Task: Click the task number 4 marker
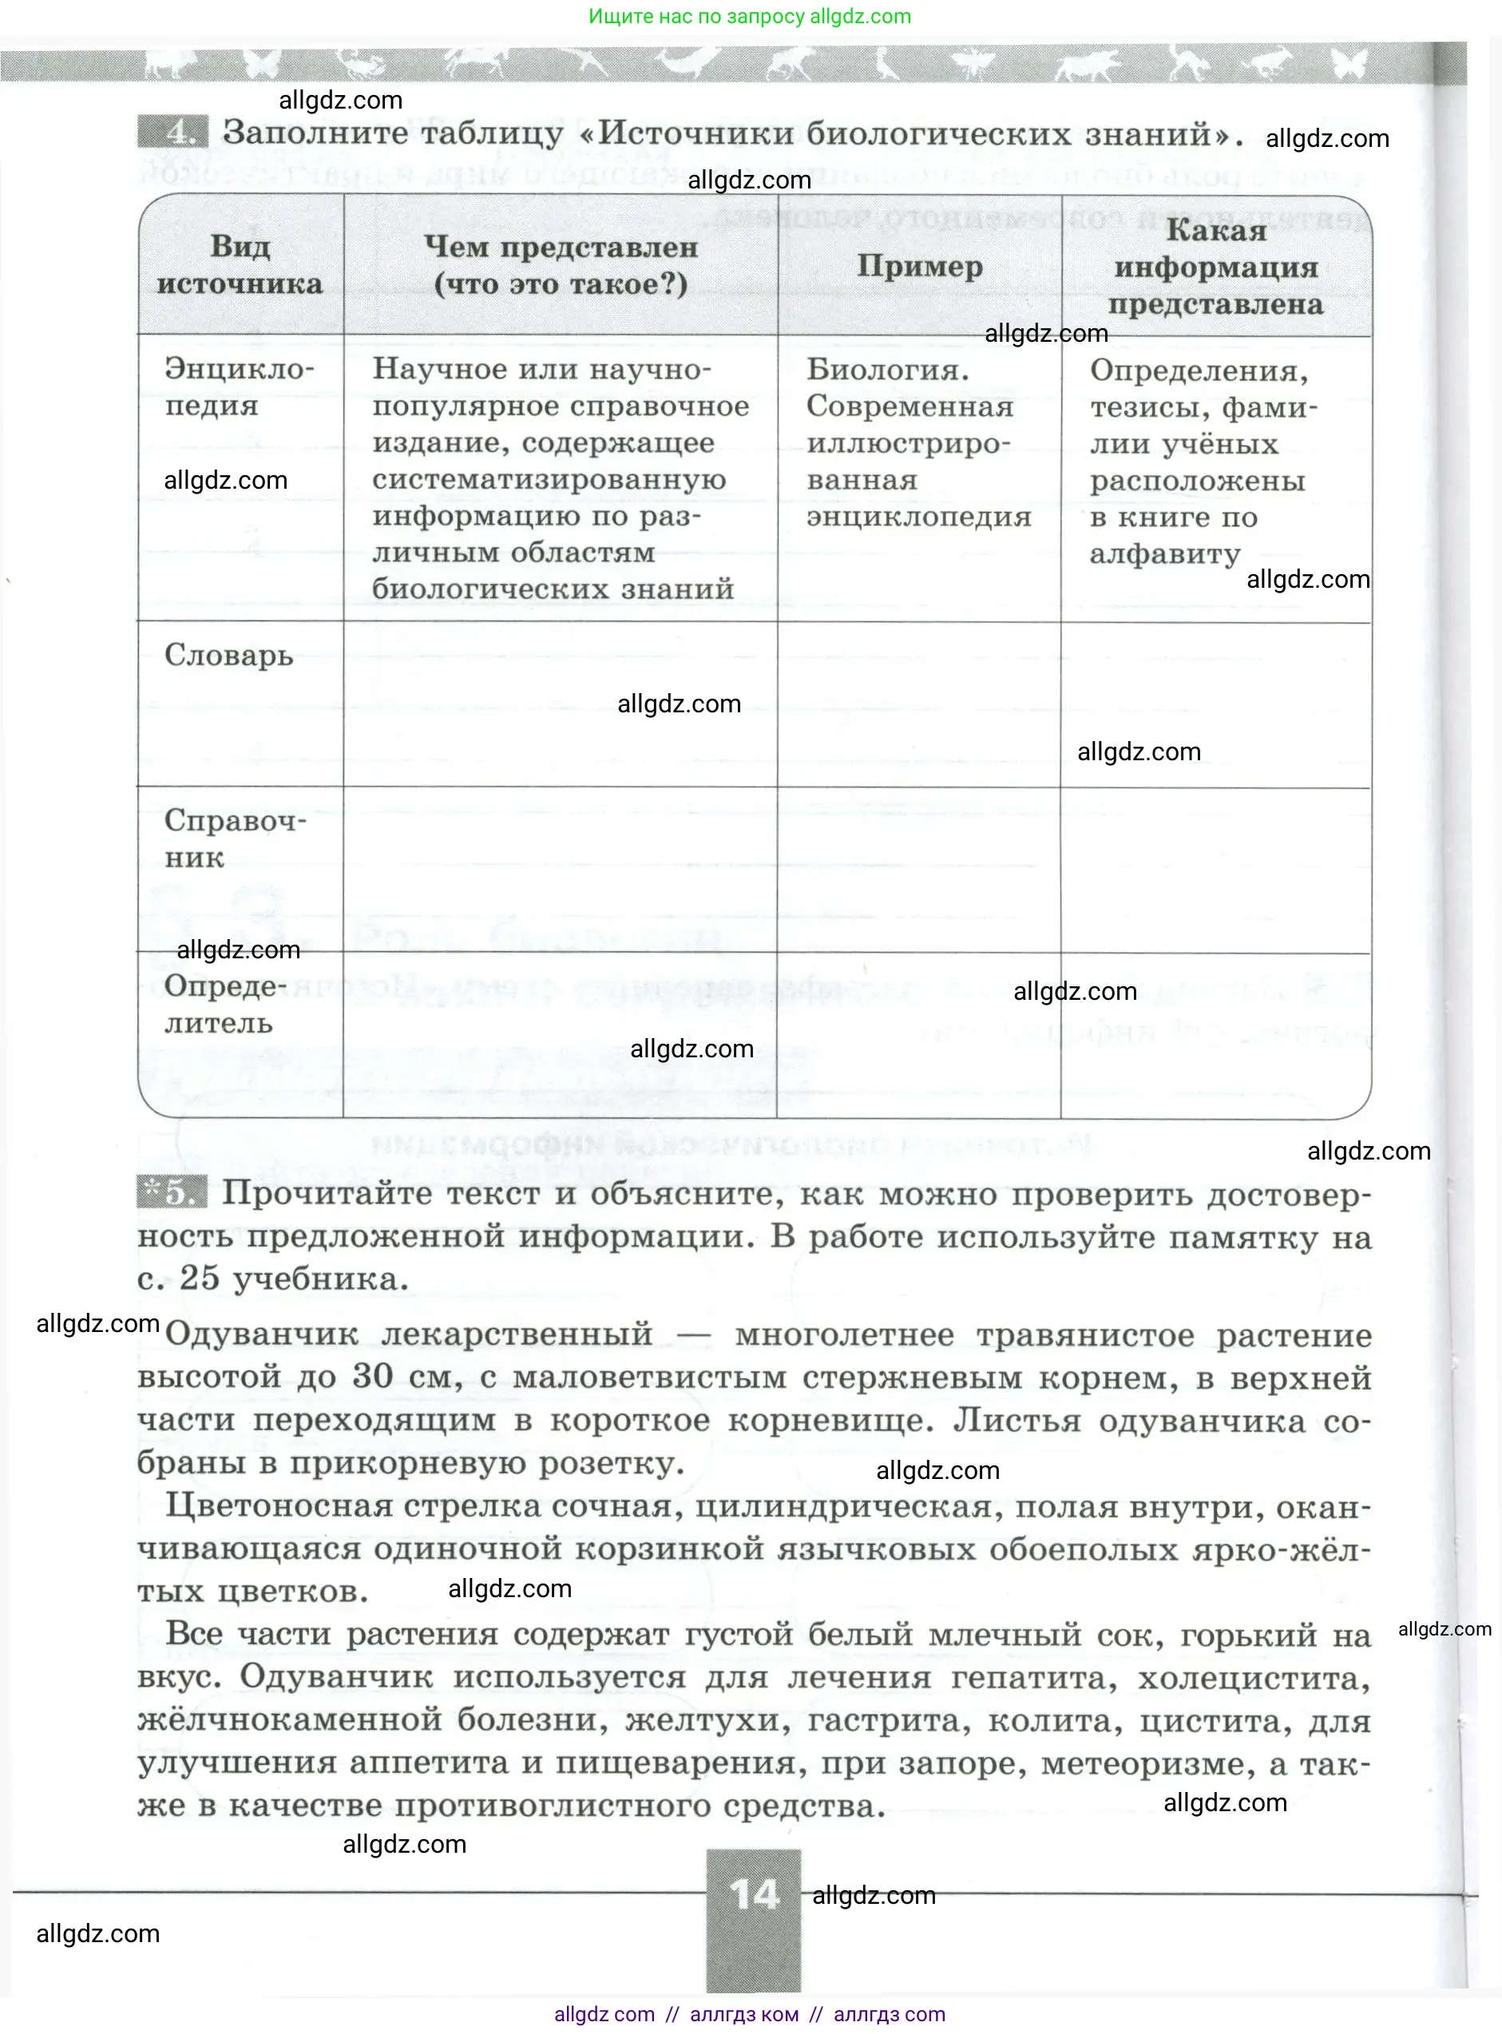(172, 133)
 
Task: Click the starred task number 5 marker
(172, 1192)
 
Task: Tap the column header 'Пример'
(919, 267)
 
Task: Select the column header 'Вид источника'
(240, 264)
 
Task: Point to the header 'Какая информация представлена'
(1215, 267)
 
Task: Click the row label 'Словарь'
(228, 655)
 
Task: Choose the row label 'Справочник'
(235, 839)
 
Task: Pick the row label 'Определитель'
(224, 1004)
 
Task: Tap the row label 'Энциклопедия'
(238, 387)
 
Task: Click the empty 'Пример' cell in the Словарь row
(918, 704)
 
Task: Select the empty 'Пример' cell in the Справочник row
(918, 870)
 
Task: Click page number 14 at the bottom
(754, 1895)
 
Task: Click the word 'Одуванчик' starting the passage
(262, 1334)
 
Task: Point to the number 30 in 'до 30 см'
(372, 1376)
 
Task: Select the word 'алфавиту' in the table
(1165, 553)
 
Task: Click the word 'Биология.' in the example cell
(887, 369)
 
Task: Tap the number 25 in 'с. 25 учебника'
(199, 1278)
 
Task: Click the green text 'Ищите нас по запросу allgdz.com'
(749, 16)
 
